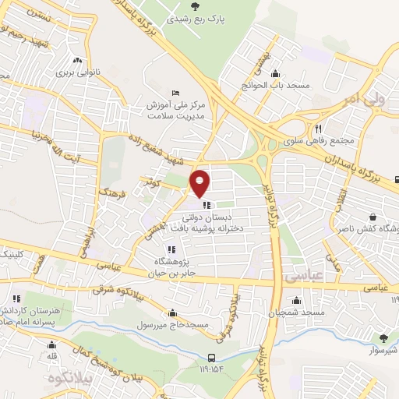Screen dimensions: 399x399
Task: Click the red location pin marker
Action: [199, 183]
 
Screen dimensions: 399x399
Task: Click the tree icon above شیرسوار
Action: [383, 337]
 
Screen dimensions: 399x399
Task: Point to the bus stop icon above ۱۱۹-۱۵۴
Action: [208, 349]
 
